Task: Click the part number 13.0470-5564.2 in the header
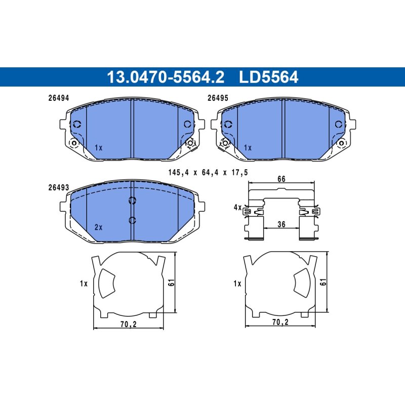166,77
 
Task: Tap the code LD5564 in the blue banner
269,77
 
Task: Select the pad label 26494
59,98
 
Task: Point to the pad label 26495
218,98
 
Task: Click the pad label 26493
59,187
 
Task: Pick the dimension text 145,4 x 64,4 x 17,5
208,172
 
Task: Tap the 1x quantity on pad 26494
98,148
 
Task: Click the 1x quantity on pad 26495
248,148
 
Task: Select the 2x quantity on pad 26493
98,227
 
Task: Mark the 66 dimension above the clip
281,179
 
